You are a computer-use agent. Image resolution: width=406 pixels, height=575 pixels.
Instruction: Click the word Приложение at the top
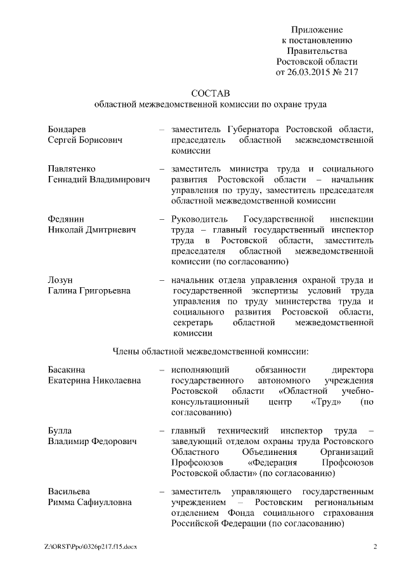[317, 30]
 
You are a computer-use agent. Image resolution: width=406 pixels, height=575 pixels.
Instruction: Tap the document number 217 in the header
[350, 72]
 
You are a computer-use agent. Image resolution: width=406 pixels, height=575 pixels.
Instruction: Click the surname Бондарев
[67, 129]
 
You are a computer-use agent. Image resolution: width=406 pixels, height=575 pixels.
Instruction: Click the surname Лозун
[60, 281]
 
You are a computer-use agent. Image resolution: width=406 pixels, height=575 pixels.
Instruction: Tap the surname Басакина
[67, 370]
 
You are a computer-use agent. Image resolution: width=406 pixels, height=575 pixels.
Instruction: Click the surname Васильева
[69, 492]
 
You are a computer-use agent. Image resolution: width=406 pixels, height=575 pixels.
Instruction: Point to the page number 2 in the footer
[374, 547]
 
